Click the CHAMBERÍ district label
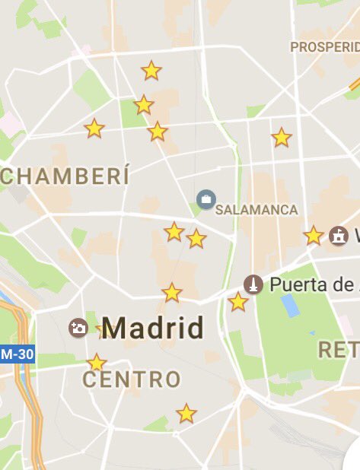[64, 176]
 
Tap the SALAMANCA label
[256, 209]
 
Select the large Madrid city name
[153, 329]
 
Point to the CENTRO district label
[132, 379]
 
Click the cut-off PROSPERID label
[324, 47]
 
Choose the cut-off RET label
[338, 350]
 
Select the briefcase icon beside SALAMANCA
[205, 200]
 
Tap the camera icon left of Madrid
[78, 328]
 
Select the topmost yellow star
[151, 71]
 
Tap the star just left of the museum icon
[314, 236]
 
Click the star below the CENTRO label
[186, 414]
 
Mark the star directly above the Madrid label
[172, 292]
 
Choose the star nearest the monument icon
[238, 302]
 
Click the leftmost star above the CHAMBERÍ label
[94, 129]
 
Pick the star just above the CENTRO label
[96, 363]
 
